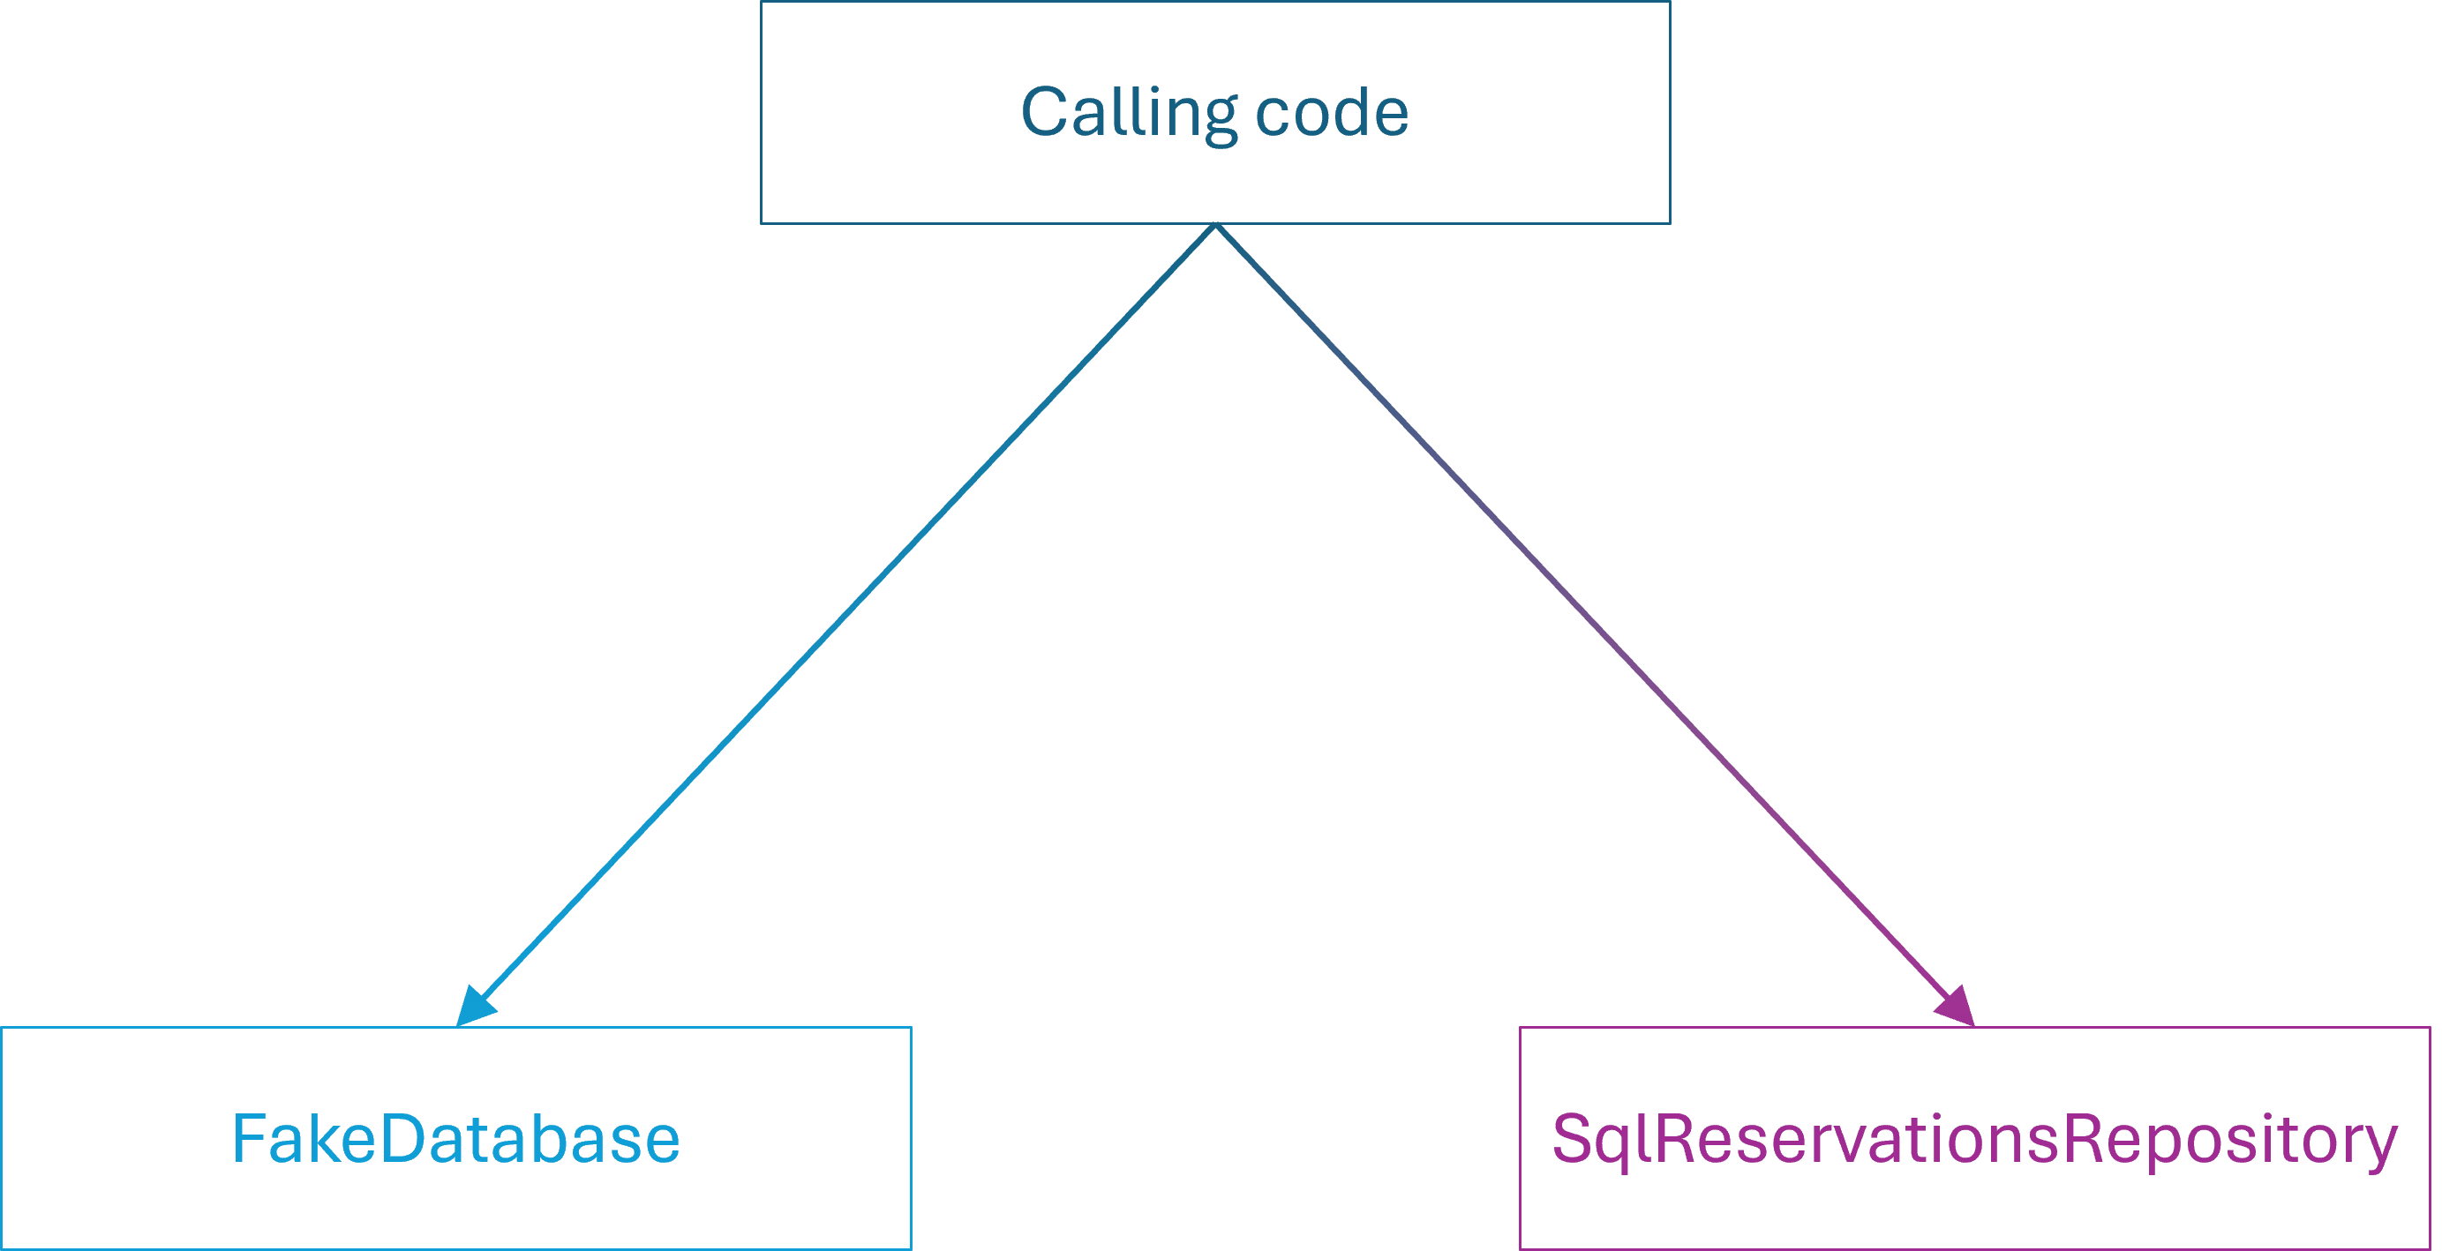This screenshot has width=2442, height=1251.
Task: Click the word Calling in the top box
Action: tap(1128, 113)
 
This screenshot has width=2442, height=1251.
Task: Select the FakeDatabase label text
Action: tap(456, 1138)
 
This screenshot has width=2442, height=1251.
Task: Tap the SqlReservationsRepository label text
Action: tap(1973, 1138)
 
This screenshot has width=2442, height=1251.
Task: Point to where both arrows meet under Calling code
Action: tap(1215, 226)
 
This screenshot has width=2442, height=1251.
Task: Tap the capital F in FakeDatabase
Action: tap(248, 1138)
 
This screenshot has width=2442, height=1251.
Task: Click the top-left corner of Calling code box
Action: tap(762, 2)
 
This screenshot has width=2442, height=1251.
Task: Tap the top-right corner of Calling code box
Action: tap(1670, 2)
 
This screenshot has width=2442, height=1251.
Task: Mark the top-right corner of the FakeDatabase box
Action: tap(911, 1027)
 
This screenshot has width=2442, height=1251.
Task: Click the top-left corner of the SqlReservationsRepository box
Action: tap(1521, 1027)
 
